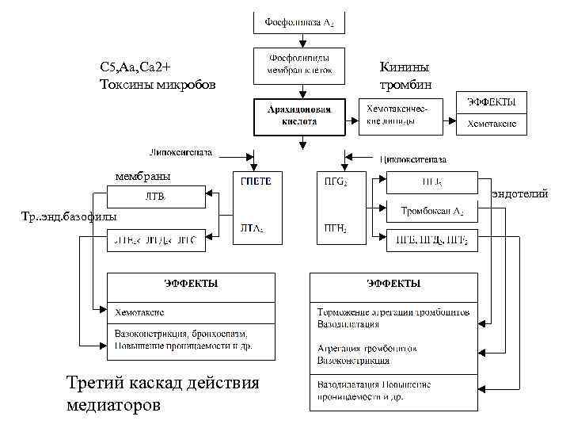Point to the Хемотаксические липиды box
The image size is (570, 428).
(x=400, y=115)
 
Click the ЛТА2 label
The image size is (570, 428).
(x=253, y=228)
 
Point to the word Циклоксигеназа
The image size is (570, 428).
(x=419, y=159)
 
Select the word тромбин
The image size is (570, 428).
(x=405, y=84)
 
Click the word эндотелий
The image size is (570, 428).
(x=519, y=193)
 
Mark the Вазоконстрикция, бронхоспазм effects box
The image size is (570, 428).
(x=191, y=339)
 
